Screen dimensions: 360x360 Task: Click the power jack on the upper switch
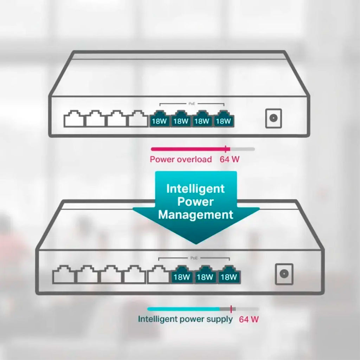274,118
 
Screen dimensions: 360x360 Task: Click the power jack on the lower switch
284,274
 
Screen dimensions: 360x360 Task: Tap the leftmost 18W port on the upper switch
159,118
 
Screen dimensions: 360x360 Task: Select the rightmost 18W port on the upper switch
224,118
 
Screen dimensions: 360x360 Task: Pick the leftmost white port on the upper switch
74,118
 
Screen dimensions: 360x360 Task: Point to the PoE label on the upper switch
192,104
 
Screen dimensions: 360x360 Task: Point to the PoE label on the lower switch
194,258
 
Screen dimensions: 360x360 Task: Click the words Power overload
181,159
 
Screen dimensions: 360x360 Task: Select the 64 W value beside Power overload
229,159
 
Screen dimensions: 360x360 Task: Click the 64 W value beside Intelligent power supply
249,319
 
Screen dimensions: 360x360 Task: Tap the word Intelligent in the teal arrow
195,189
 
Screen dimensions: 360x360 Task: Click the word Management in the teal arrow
195,215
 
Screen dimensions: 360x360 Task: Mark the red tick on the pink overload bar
226,149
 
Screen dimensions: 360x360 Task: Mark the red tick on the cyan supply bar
231,309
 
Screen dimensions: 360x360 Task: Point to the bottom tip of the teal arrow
195,244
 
